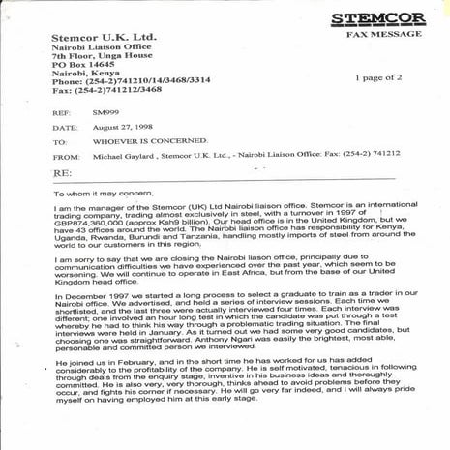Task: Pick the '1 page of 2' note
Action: click(380, 76)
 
